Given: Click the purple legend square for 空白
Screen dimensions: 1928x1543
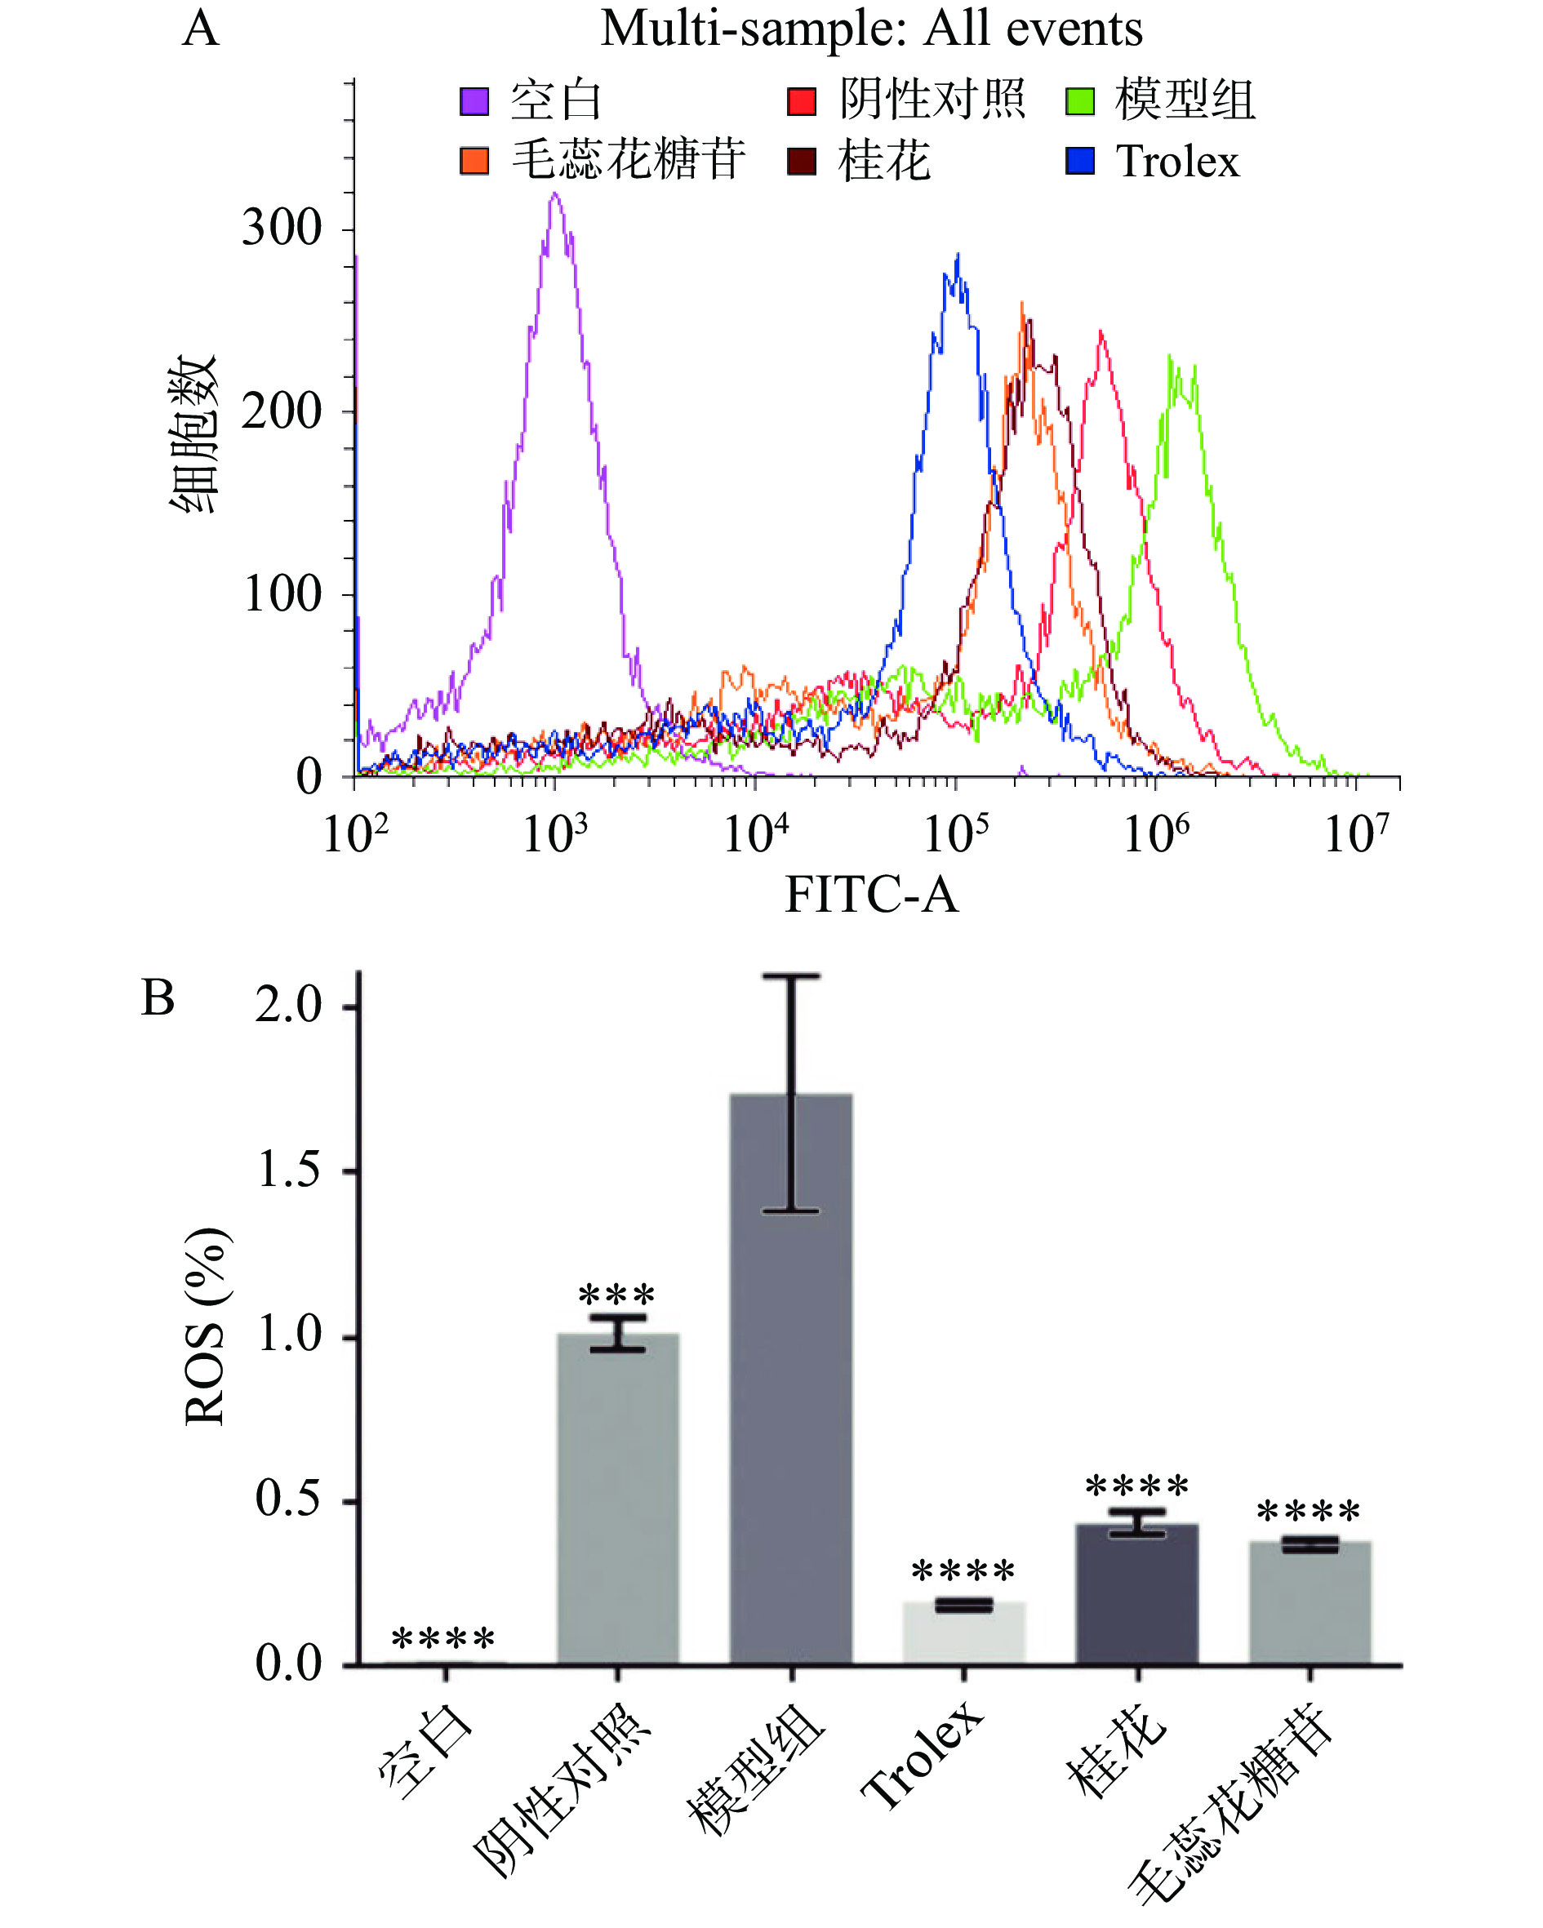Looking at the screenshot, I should pos(474,101).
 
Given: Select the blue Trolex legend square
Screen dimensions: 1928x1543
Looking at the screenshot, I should pos(1079,161).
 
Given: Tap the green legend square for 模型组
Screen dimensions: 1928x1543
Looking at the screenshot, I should pos(1079,101).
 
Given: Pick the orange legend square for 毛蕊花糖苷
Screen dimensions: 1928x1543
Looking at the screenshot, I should pos(474,161).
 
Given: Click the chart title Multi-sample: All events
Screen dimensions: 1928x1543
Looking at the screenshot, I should pos(870,29).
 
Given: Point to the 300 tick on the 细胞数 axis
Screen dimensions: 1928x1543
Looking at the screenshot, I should pos(282,228).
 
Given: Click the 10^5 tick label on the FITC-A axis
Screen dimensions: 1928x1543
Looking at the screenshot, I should pos(955,833).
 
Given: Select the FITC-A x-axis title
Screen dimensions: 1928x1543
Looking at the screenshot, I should pos(870,895).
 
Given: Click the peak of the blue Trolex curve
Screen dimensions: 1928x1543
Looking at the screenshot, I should pos(957,255).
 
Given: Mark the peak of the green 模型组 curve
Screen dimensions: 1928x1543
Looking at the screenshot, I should pos(1170,357).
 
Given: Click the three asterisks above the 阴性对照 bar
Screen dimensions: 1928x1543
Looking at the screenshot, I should pos(616,1294).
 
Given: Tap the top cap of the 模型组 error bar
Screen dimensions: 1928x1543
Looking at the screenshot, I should pos(791,975).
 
